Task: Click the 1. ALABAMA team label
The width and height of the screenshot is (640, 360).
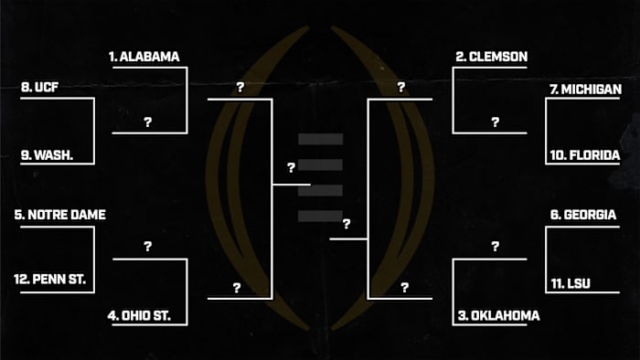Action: tap(144, 57)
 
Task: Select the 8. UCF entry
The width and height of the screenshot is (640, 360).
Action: tap(37, 89)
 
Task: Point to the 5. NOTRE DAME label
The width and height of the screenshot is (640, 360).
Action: tap(60, 215)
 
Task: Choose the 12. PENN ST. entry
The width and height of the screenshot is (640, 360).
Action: tap(50, 279)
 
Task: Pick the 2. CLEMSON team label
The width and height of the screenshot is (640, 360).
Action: tap(492, 57)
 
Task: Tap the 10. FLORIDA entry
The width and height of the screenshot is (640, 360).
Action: tap(585, 155)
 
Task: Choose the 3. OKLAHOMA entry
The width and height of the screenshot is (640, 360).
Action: tap(498, 316)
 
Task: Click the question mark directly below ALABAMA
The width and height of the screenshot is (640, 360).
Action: tap(147, 122)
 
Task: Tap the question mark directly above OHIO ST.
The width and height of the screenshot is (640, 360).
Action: tap(147, 247)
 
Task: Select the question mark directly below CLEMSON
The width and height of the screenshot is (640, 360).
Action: tap(495, 122)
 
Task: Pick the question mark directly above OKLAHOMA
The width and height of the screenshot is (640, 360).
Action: tap(495, 247)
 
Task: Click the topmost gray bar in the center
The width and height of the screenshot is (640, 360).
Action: tap(320, 140)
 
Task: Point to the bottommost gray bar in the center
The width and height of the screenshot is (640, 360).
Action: tap(320, 216)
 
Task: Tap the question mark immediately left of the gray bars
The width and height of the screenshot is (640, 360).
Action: tap(291, 168)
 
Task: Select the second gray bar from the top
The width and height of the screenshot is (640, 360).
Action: tap(320, 165)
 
